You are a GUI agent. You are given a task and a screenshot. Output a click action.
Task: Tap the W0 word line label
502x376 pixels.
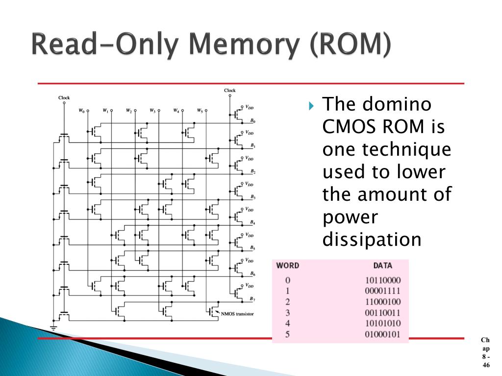point(81,111)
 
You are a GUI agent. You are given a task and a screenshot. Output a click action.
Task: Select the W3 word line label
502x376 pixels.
point(152,111)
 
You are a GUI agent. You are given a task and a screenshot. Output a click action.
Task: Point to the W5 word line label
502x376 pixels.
point(200,111)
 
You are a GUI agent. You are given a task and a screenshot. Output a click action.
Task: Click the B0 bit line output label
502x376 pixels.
point(252,120)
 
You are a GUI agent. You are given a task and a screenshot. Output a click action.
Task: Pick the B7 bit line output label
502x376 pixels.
point(252,299)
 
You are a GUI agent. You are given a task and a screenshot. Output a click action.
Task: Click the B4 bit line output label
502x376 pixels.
point(252,222)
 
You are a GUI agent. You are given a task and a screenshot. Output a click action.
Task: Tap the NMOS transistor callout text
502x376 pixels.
point(238,313)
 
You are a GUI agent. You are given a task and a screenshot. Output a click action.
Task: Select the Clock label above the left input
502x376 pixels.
point(64,97)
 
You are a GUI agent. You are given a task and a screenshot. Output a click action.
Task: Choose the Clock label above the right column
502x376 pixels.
point(229,90)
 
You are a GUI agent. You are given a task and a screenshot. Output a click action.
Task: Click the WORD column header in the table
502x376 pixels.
point(288,266)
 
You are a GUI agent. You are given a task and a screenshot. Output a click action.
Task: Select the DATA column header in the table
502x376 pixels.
point(382,266)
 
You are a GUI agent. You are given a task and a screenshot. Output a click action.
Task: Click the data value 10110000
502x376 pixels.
point(383,281)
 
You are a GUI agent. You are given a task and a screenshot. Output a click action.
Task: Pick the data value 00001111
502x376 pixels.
point(383,291)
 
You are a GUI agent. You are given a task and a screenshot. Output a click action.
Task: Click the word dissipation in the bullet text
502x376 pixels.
point(372,239)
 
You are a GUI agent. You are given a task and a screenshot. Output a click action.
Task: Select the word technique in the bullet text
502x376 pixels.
point(387,149)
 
